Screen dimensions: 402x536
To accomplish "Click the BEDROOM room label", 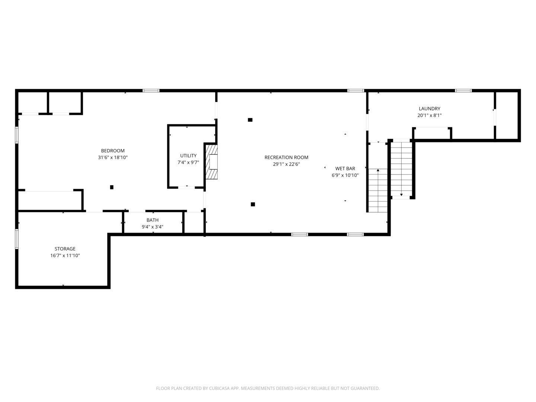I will point(113,151).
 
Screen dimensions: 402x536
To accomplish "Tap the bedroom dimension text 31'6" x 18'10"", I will point(113,157).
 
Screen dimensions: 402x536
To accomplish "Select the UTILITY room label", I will point(188,156).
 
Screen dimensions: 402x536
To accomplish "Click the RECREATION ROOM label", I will point(286,157).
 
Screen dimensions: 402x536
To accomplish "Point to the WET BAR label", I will point(345,169).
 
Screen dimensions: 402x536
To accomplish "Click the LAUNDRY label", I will point(430,109).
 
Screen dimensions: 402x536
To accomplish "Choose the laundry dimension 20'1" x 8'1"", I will point(430,115).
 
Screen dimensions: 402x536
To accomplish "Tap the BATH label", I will point(152,220).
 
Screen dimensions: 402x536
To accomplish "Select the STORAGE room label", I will point(65,249).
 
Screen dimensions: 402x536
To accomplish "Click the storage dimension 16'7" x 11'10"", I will point(65,256).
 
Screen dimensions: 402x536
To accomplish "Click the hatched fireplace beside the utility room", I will point(212,162).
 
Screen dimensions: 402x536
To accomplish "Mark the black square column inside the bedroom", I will point(112,187).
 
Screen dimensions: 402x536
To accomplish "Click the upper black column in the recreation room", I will point(250,120).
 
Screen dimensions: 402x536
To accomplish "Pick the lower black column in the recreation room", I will point(253,204).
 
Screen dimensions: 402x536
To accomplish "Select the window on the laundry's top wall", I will point(463,90).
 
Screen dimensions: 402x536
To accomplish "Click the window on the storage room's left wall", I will point(17,239).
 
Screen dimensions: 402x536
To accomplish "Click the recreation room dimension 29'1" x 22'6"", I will point(286,164).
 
